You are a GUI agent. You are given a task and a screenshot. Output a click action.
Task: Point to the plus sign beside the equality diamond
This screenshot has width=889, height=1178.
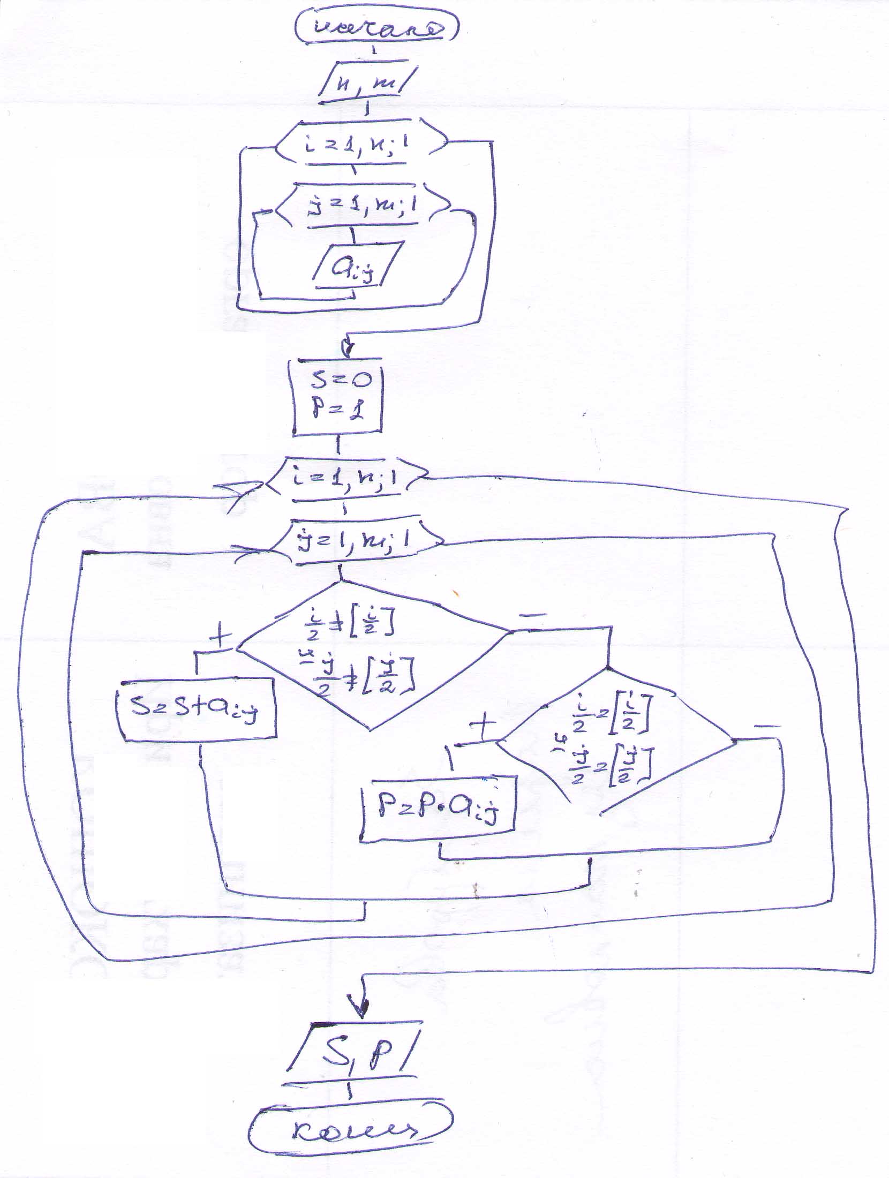483,726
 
